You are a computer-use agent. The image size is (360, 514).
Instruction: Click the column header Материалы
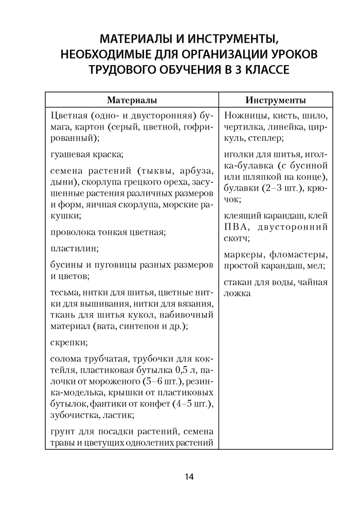132,99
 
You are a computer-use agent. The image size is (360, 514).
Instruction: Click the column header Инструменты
276,99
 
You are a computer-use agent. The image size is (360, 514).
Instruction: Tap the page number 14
189,477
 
